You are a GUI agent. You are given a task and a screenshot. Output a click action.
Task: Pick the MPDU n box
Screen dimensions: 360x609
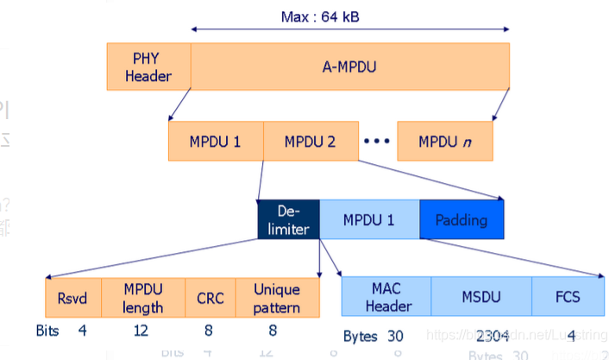[x=445, y=141]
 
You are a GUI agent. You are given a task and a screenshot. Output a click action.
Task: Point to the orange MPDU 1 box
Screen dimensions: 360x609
[x=216, y=141]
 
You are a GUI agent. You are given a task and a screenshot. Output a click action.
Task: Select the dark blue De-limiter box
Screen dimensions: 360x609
[x=289, y=219]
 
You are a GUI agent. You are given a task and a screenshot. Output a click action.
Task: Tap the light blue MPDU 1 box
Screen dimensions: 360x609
[x=369, y=219]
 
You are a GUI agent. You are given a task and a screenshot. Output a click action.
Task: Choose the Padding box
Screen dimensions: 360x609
[x=461, y=219]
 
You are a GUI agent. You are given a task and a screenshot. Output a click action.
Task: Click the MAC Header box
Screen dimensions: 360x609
[x=386, y=298]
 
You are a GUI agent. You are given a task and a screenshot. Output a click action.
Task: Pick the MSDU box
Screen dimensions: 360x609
[x=480, y=298]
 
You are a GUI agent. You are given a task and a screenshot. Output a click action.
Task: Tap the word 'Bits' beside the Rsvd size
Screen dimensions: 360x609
[x=49, y=331]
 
